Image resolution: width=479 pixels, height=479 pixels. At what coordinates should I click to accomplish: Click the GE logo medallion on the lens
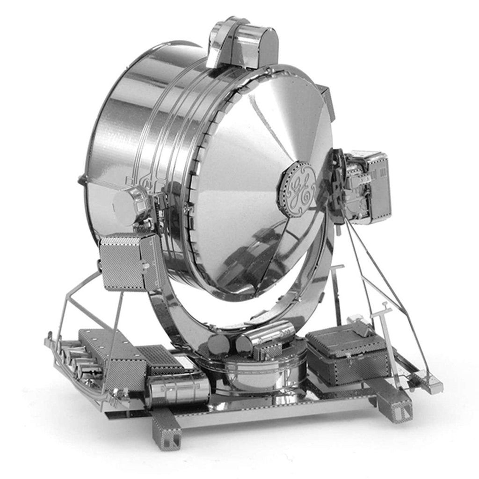pyautogui.click(x=296, y=189)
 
